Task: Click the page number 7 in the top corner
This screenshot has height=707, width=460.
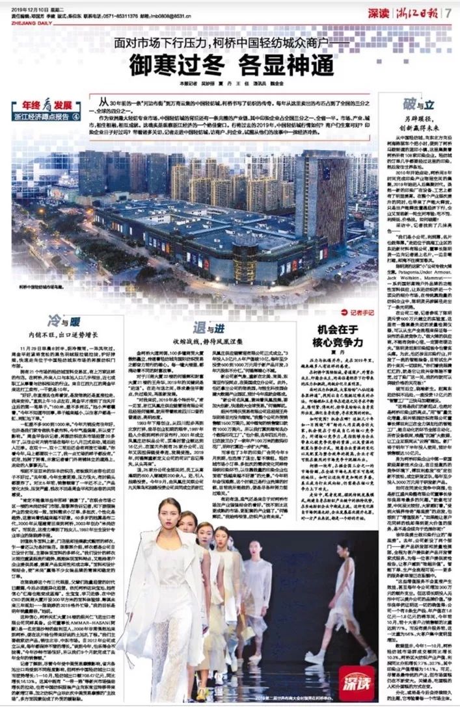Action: (x=449, y=12)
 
